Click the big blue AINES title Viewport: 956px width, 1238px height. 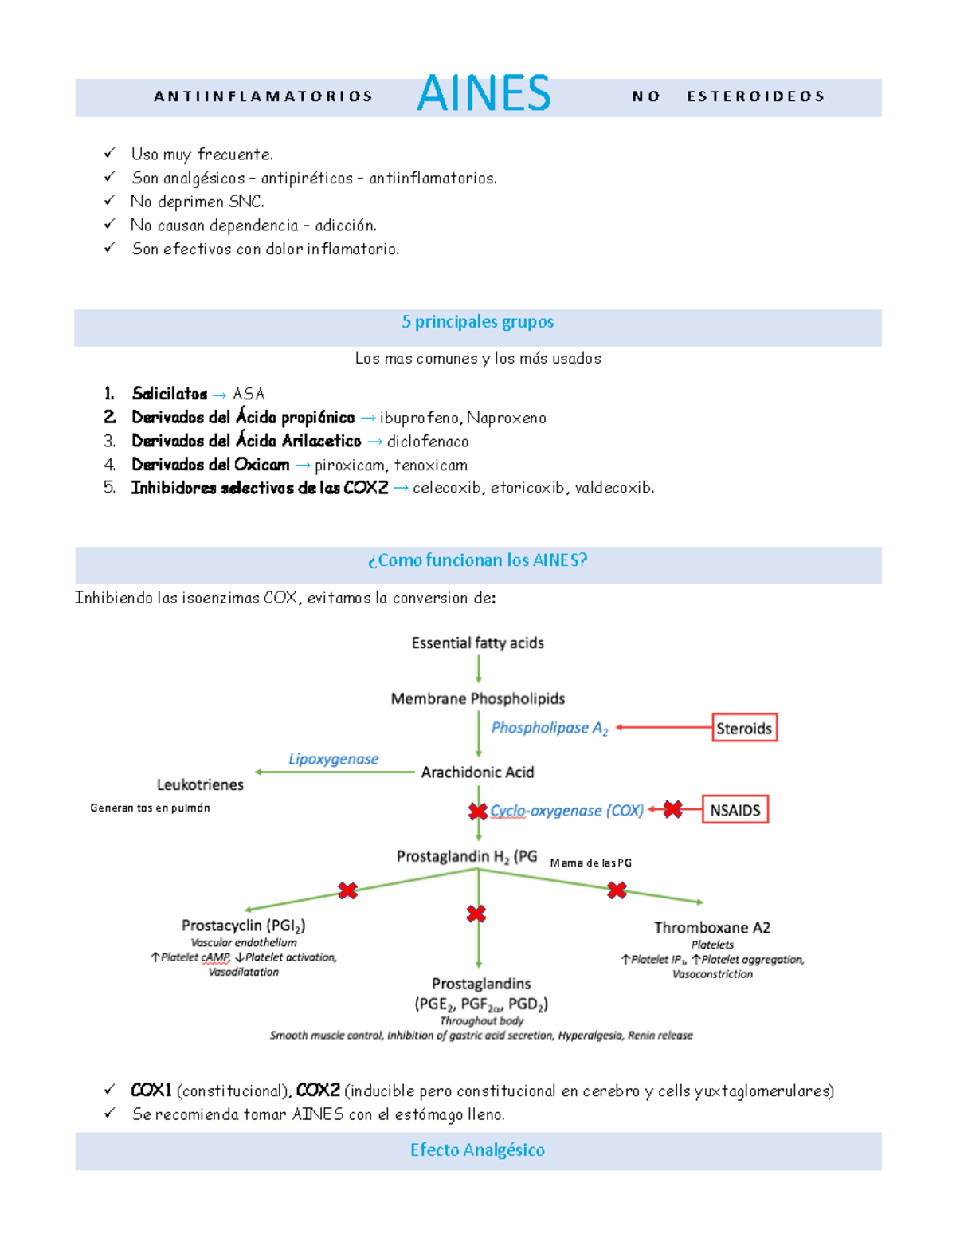pyautogui.click(x=484, y=93)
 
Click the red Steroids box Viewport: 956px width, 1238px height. pyautogui.click(x=744, y=728)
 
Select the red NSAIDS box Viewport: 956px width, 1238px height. pyautogui.click(x=735, y=810)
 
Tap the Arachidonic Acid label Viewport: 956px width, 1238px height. pyautogui.click(x=477, y=772)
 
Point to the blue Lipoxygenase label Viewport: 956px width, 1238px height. pyautogui.click(x=333, y=759)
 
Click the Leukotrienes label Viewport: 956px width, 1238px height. pyautogui.click(x=200, y=784)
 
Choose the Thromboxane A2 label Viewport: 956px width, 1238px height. pyautogui.click(x=711, y=927)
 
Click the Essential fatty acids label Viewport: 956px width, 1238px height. pyautogui.click(x=477, y=643)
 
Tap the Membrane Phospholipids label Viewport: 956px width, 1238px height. pyautogui.click(x=477, y=698)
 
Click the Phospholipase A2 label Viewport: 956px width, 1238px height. pyautogui.click(x=549, y=728)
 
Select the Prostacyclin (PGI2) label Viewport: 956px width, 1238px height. pyautogui.click(x=243, y=926)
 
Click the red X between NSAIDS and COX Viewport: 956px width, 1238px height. pyautogui.click(x=672, y=809)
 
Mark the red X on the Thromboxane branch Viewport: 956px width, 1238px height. pyautogui.click(x=617, y=890)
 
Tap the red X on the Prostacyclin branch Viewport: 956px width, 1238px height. pyautogui.click(x=347, y=890)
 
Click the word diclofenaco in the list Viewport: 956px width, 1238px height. pyautogui.click(x=428, y=441)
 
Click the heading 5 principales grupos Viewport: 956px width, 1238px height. pyautogui.click(x=477, y=322)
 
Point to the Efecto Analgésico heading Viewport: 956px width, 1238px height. pyautogui.click(x=477, y=1150)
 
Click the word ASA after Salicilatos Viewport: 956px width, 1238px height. pyautogui.click(x=249, y=394)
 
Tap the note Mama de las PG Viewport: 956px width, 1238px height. pyautogui.click(x=590, y=863)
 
